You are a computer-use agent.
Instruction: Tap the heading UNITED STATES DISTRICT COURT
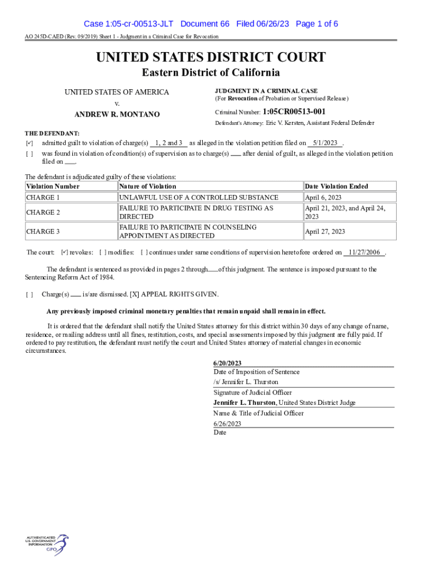tap(211, 58)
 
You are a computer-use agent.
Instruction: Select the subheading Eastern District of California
tap(211, 73)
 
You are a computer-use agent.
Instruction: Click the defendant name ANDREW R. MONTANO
tap(117, 115)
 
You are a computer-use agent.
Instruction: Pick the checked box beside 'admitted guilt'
tap(30, 144)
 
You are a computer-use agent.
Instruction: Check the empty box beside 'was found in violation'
tap(30, 154)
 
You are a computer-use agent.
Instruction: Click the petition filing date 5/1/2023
tap(326, 143)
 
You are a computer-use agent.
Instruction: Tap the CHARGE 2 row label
tap(43, 212)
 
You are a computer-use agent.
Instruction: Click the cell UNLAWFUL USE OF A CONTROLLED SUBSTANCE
tap(198, 197)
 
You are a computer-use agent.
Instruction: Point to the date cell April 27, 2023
tap(325, 231)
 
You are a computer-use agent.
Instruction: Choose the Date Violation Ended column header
tap(337, 186)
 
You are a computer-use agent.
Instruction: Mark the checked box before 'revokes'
tap(64, 253)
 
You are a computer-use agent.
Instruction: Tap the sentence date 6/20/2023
tap(227, 363)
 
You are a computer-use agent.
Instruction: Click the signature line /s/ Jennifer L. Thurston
tap(246, 382)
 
